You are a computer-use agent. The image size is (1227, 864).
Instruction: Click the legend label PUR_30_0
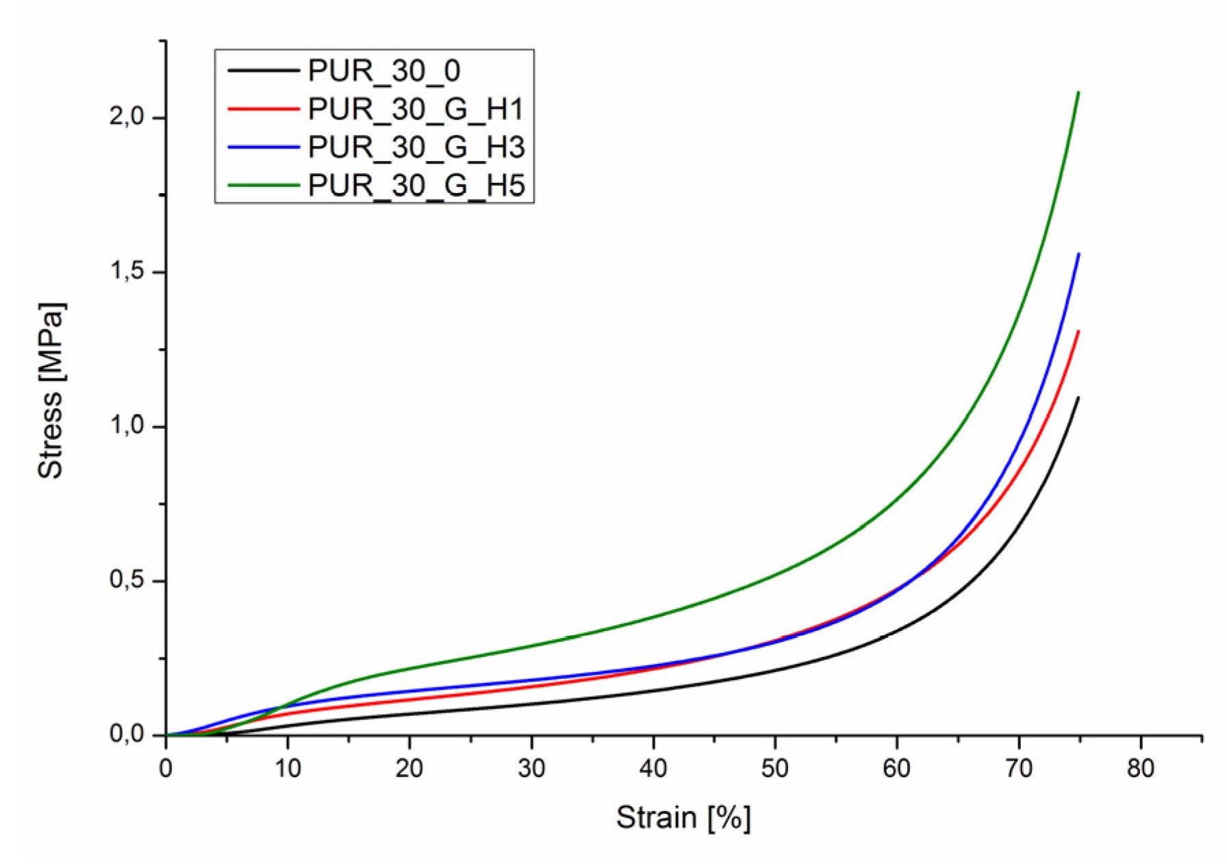383,71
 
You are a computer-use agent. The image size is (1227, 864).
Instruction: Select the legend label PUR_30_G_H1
416,109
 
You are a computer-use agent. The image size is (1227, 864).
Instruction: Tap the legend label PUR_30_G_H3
416,147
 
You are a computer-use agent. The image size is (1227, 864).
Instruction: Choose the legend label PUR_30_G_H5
416,186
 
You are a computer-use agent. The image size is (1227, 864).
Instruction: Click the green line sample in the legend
263,185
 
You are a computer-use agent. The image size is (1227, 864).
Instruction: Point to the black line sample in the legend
263,70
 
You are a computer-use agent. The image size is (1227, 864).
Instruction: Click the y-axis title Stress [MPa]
51,391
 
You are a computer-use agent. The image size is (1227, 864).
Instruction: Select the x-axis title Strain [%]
683,817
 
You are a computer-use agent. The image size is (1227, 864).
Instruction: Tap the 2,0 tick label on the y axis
127,117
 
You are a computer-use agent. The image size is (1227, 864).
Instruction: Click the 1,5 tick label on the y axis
127,272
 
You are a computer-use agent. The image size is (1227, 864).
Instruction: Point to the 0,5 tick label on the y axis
127,580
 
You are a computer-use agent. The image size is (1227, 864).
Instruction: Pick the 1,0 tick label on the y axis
127,426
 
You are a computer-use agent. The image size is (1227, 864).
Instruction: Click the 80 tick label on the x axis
1141,769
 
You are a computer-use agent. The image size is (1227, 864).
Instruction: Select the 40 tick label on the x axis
653,769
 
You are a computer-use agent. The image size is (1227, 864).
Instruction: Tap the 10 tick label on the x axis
288,769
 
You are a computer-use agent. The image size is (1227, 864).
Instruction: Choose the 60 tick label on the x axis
897,769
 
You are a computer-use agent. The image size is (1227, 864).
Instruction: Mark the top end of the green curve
1078,92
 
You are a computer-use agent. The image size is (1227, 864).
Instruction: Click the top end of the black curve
1078,397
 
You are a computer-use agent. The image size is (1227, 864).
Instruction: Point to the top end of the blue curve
1078,254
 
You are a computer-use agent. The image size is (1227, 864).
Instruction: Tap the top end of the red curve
1078,332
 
